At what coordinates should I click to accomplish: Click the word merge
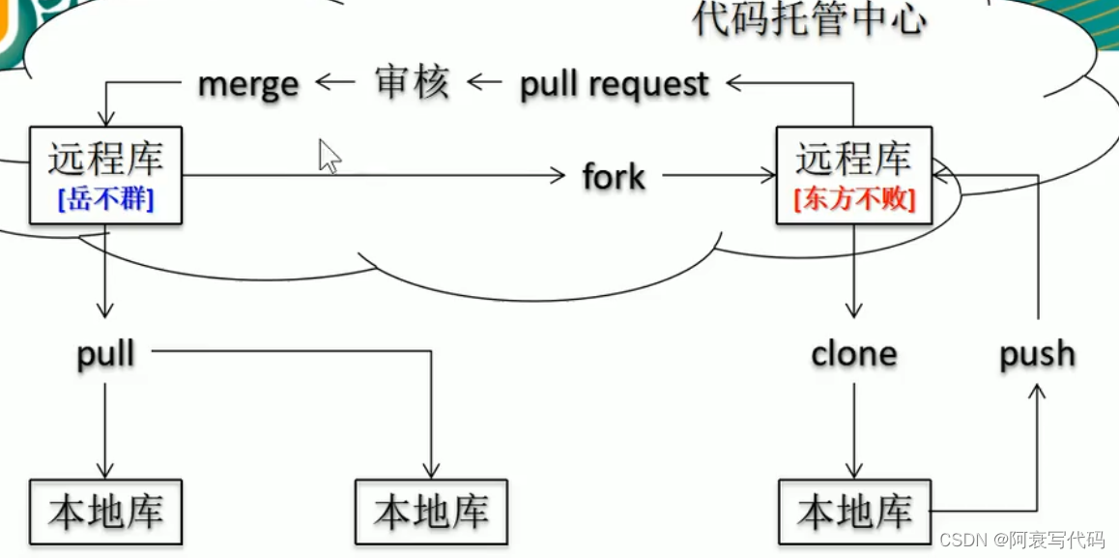[x=248, y=85]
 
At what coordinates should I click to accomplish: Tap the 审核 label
[x=412, y=83]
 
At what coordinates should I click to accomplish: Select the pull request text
[x=615, y=85]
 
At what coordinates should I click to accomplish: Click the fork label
[x=614, y=177]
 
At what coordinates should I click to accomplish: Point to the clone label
[x=853, y=354]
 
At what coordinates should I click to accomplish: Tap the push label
[x=1037, y=354]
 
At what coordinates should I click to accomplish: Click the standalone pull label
[x=106, y=354]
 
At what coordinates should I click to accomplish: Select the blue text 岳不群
[x=106, y=200]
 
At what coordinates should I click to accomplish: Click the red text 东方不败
[x=854, y=200]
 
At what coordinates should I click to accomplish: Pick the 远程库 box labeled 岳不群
[x=106, y=175]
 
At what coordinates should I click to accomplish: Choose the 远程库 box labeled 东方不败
[x=854, y=175]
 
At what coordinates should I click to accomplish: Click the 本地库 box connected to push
[x=854, y=512]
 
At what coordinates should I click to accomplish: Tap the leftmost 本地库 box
[x=106, y=512]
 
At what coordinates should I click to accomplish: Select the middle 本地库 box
[x=431, y=512]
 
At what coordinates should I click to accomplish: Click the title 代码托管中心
[x=810, y=19]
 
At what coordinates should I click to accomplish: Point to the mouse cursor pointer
[x=330, y=156]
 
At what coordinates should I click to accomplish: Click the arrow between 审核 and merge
[x=335, y=83]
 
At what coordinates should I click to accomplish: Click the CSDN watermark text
[x=1021, y=540]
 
